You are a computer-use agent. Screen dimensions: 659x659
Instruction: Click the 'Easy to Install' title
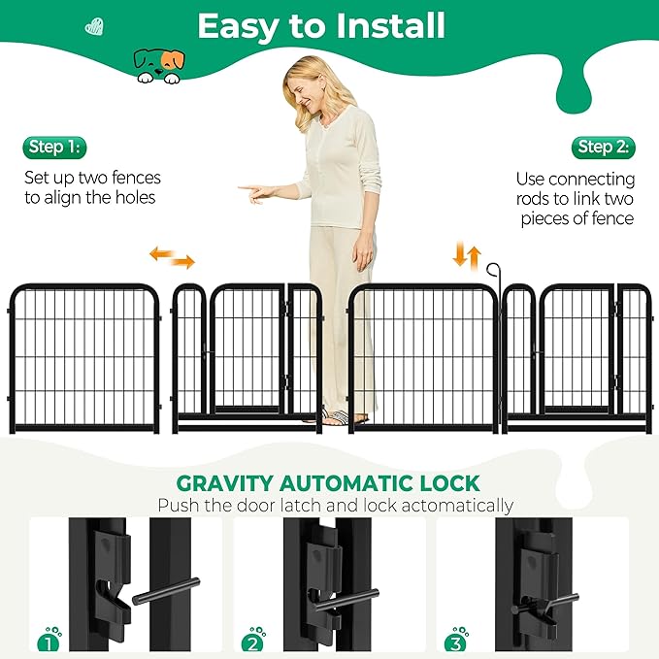(321, 26)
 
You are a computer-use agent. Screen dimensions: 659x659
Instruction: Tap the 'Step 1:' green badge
(54, 148)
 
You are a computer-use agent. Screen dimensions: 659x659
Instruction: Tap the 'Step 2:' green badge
(603, 148)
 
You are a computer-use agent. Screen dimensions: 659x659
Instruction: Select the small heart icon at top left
(94, 26)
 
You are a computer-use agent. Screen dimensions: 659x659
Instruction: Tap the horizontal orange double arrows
(172, 257)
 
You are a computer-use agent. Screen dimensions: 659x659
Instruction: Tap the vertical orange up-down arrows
(467, 256)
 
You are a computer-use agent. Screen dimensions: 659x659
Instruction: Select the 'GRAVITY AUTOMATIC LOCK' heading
(327, 482)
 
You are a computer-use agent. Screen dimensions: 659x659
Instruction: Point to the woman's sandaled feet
(346, 418)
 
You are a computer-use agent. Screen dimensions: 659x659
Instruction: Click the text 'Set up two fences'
(92, 178)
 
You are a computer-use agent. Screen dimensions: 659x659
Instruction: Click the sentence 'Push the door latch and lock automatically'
(335, 506)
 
